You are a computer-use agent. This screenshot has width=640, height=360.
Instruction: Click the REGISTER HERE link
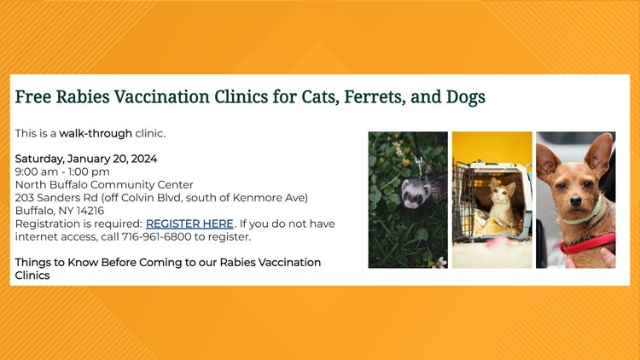click(x=189, y=224)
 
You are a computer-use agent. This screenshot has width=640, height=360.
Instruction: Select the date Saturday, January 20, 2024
click(x=85, y=159)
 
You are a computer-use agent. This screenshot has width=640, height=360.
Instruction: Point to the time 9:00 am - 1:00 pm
click(x=61, y=171)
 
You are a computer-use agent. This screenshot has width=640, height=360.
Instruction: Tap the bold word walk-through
click(x=96, y=133)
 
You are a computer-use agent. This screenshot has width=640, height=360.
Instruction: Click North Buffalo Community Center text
click(x=104, y=184)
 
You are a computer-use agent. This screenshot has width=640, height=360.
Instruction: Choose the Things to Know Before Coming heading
click(x=167, y=262)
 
